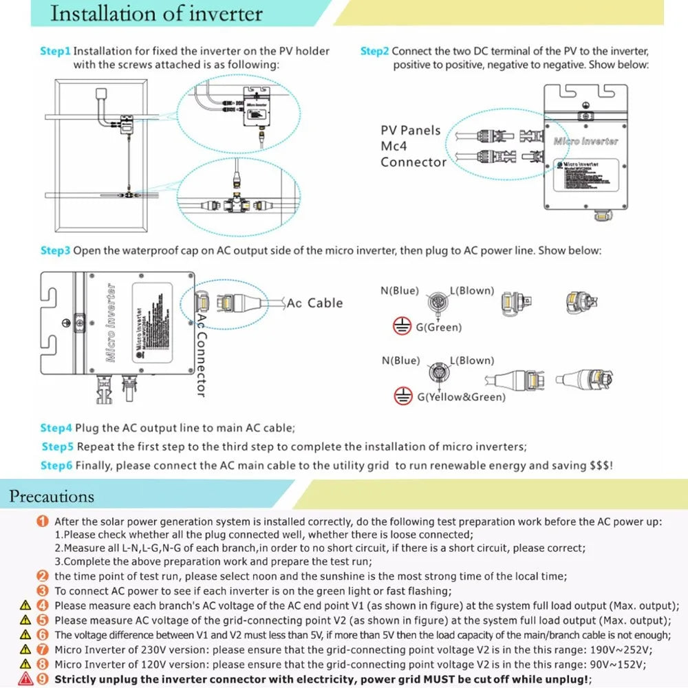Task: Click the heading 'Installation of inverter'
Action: click(157, 14)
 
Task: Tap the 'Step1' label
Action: click(55, 51)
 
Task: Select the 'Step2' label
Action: click(374, 51)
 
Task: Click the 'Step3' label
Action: click(55, 250)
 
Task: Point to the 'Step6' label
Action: click(56, 465)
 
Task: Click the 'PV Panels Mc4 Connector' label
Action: click(413, 146)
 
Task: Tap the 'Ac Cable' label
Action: click(314, 303)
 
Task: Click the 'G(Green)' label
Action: click(439, 327)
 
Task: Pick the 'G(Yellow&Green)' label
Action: click(461, 397)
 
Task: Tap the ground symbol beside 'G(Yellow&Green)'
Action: click(402, 396)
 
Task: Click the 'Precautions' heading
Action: click(52, 496)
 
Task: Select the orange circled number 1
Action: click(43, 522)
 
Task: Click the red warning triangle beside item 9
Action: click(26, 678)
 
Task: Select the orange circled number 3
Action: click(43, 591)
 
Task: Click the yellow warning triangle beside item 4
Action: click(26, 605)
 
